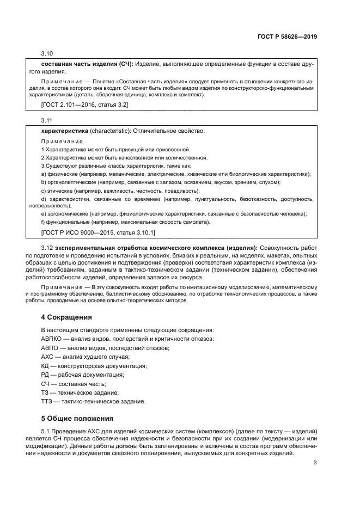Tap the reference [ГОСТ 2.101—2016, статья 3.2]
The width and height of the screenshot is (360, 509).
click(84, 104)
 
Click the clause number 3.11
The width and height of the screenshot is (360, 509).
click(47, 120)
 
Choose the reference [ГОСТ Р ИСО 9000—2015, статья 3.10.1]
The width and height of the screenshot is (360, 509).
click(98, 232)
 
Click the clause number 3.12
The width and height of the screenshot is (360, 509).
click(47, 248)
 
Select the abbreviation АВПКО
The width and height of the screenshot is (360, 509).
click(52, 339)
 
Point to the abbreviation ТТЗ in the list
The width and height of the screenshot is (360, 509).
click(47, 401)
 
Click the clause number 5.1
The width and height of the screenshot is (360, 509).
click(46, 431)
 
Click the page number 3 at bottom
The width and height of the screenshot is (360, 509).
click(315, 463)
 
